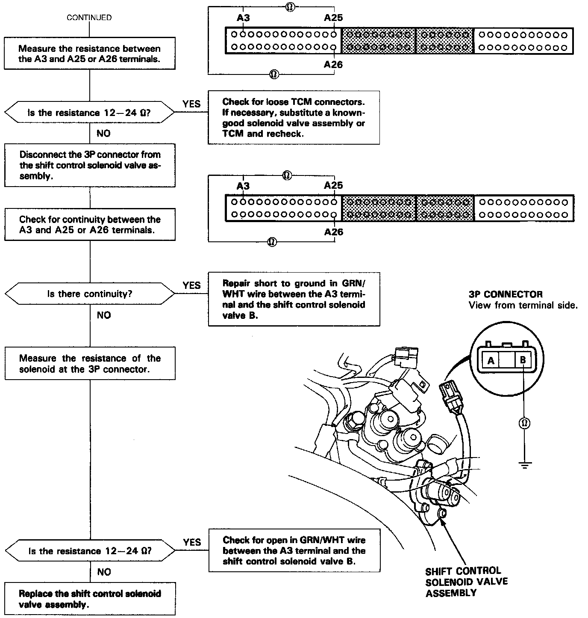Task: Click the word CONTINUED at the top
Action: [x=89, y=18]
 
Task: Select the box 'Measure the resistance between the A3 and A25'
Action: [x=89, y=53]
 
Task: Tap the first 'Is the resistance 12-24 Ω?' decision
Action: [x=89, y=113]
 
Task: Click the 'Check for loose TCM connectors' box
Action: [x=294, y=118]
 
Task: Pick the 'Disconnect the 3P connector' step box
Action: [x=90, y=165]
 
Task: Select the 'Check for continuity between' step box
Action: [x=90, y=225]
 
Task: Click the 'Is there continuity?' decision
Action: [x=90, y=294]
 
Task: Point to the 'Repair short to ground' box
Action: [x=294, y=299]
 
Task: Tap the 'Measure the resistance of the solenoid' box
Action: [x=90, y=363]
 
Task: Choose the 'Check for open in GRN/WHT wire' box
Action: [x=294, y=550]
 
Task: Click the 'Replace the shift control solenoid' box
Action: [x=90, y=599]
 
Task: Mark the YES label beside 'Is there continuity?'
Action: [x=191, y=285]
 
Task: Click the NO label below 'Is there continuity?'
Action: [x=103, y=315]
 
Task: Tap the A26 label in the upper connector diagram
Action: [x=333, y=65]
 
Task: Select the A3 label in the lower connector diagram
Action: [x=243, y=186]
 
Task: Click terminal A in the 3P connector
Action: [x=491, y=360]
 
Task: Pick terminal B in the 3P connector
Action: [x=523, y=360]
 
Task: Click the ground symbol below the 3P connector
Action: [x=524, y=464]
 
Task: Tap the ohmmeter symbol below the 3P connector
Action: [x=524, y=423]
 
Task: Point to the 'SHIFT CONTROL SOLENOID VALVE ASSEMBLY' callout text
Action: [x=466, y=582]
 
